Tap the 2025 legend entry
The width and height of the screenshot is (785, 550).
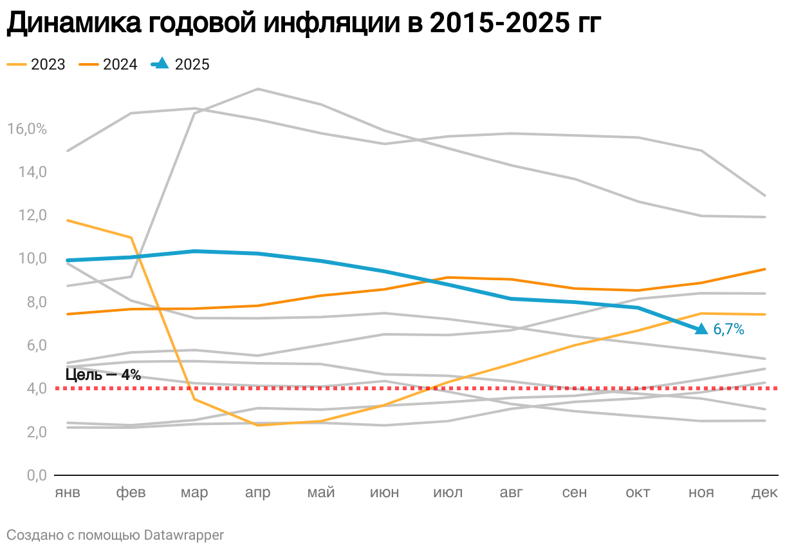pos(180,64)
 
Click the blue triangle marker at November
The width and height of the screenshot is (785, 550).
pos(701,329)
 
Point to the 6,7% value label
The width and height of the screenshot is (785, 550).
pos(729,330)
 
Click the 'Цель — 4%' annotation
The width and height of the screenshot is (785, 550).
pos(103,375)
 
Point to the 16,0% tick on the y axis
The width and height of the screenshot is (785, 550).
pos(27,129)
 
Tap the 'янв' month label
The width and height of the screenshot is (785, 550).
pos(68,493)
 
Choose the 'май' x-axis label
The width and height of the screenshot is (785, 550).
pos(321,493)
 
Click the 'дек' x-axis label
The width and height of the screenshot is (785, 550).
pos(764,493)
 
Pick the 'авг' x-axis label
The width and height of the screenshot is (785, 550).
pos(512,493)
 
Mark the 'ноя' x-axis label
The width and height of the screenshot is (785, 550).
pos(701,493)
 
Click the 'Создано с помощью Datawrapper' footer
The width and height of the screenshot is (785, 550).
pos(115,535)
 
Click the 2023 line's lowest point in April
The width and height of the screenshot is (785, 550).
pos(257,425)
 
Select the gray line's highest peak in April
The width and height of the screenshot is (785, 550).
pos(257,89)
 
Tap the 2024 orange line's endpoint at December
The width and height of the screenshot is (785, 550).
pos(764,269)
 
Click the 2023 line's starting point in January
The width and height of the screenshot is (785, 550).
pos(68,220)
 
